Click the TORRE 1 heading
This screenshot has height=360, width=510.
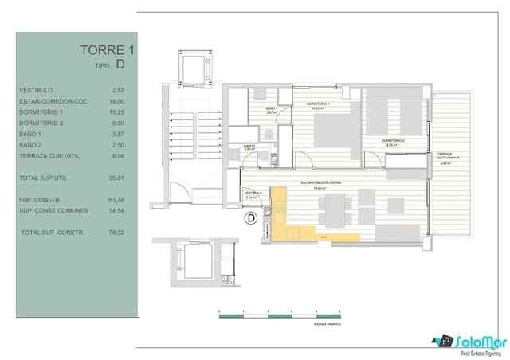[x=108, y=50]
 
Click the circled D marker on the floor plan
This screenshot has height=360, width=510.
[x=249, y=216]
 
